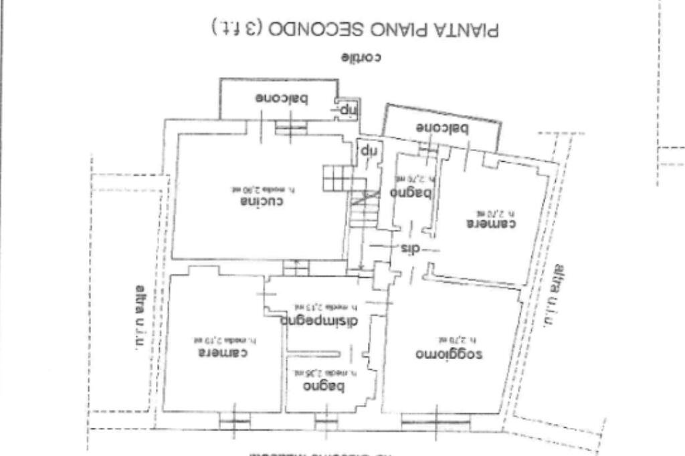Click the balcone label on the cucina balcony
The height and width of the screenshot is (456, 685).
281,100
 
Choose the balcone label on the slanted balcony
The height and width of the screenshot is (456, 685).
442,128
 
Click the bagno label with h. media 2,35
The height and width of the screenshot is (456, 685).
324,386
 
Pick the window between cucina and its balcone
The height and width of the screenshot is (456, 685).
292,127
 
